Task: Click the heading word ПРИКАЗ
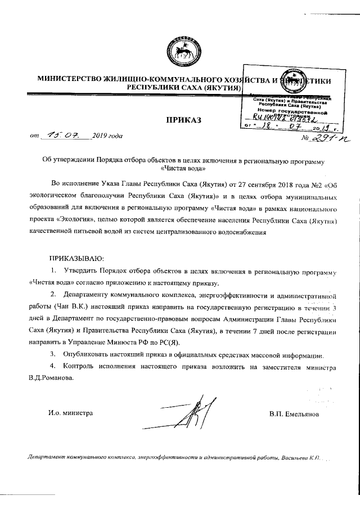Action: [x=183, y=120]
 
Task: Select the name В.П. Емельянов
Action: [x=294, y=414]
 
